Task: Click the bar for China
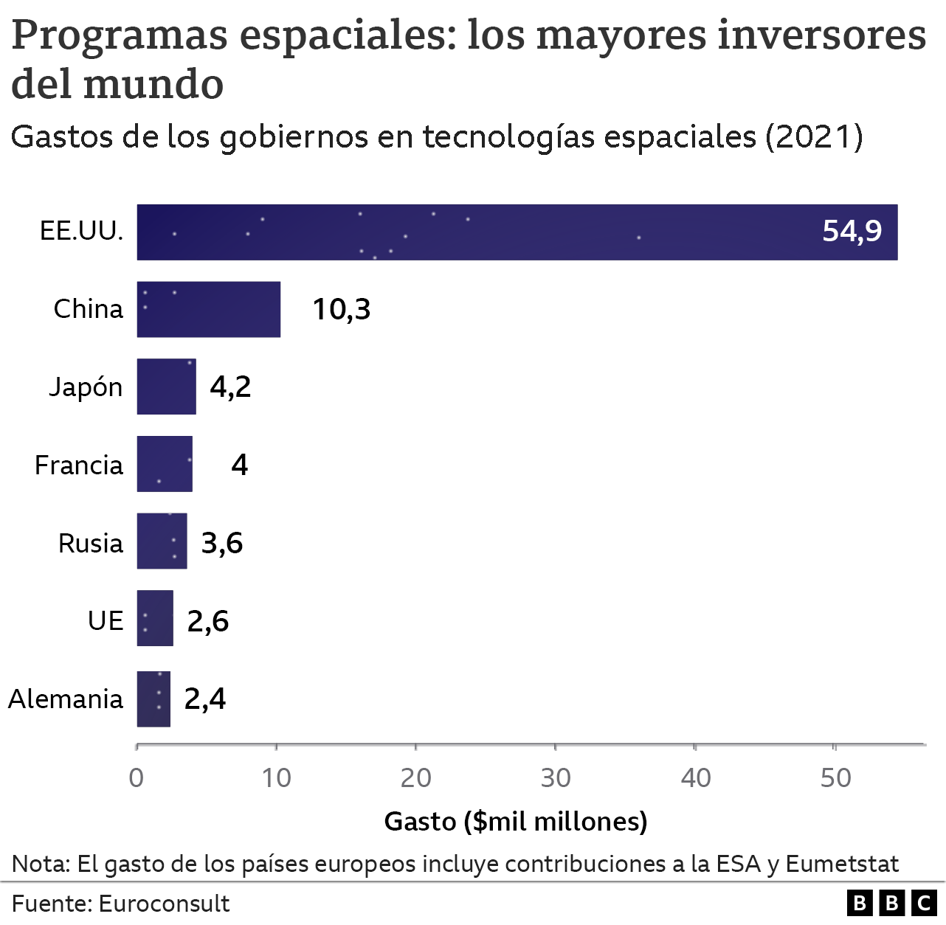pos(209,309)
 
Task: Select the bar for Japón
pos(167,387)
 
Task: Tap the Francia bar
pos(165,464)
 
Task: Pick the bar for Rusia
pos(162,541)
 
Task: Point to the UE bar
pos(155,618)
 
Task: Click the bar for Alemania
pos(153,699)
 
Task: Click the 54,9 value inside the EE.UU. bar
pos(852,232)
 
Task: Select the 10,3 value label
pos(341,309)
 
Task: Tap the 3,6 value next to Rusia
pos(222,543)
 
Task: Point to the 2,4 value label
pos(205,699)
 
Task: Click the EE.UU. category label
pos(81,232)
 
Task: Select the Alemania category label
pos(66,699)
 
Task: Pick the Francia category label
pos(79,465)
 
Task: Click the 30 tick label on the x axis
pos(556,777)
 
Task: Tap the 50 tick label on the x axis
pos(835,777)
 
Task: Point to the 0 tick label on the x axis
pos(137,777)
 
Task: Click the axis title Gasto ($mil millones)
pos(516,821)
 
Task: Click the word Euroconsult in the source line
pos(164,904)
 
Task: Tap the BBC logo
pos(891,904)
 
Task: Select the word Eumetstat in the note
pos(842,864)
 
